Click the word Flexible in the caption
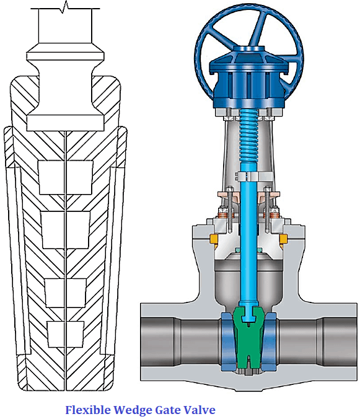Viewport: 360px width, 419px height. pos(87,410)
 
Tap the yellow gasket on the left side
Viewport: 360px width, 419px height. pos(214,239)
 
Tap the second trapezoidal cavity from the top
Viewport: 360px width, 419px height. pos(66,227)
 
